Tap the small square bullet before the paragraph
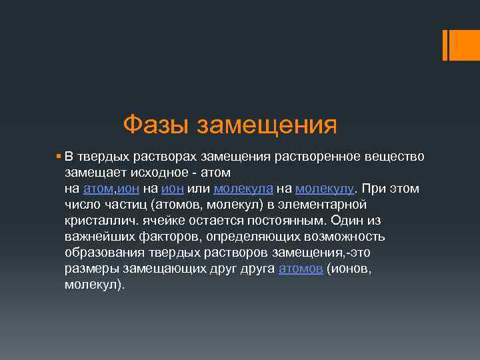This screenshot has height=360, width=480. (59, 156)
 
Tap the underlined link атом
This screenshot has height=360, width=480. (99, 189)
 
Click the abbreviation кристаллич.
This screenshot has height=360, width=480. (100, 221)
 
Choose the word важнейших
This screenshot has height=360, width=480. (100, 237)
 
